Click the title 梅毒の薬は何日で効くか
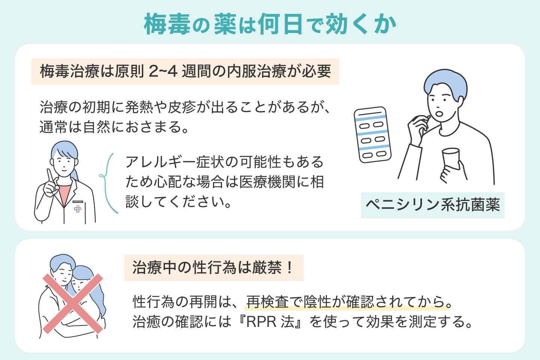point(270,24)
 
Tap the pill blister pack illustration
point(372,135)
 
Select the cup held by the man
point(451,158)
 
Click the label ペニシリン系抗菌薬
point(433,205)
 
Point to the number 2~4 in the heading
point(163,71)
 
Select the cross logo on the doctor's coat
point(78,209)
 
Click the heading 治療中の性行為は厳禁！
point(213,268)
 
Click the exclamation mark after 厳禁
point(289,268)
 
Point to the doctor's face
point(64,162)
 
